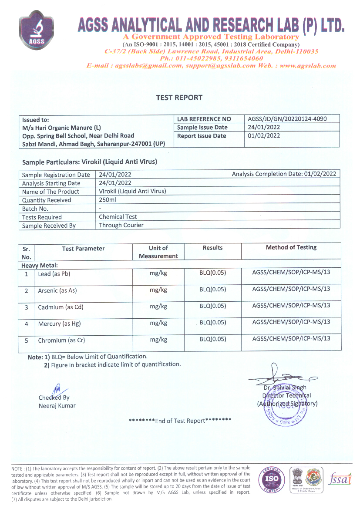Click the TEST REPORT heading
[x=179, y=98]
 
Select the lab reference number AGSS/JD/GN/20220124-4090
[x=287, y=119]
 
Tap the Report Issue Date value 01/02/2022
[x=263, y=136]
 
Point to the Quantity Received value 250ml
[x=107, y=200]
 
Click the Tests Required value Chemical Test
[x=118, y=217]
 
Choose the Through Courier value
[x=121, y=225]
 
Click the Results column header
[x=212, y=248]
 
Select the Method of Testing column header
[x=291, y=247]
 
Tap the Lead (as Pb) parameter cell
[x=54, y=274]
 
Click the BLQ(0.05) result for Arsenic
[x=212, y=290]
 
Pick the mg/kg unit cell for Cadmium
[x=158, y=306]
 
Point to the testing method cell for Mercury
[x=291, y=322]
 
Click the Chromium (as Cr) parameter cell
[x=61, y=340]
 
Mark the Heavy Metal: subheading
[x=40, y=265]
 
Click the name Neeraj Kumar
[x=57, y=406]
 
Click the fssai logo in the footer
[x=340, y=478]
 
